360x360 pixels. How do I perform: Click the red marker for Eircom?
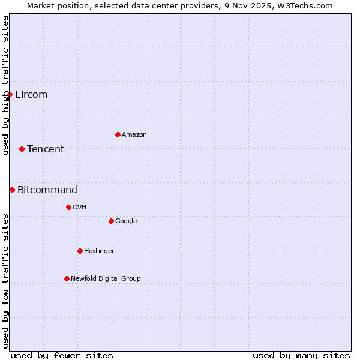click(x=10, y=94)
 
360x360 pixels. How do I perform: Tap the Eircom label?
click(x=31, y=95)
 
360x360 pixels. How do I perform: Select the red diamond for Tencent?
click(x=22, y=149)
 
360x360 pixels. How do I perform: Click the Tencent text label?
click(x=46, y=149)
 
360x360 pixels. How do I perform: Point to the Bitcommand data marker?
click(x=12, y=190)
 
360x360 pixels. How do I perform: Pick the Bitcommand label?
click(x=47, y=190)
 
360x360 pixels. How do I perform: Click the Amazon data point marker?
click(x=118, y=134)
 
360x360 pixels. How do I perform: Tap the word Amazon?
click(x=134, y=135)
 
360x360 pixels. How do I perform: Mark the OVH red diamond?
click(x=68, y=207)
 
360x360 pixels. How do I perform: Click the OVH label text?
click(x=80, y=208)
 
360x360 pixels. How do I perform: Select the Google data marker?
click(x=111, y=221)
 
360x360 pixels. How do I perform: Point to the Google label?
click(x=126, y=221)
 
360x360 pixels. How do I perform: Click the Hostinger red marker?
click(x=80, y=251)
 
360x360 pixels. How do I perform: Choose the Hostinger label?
click(x=99, y=251)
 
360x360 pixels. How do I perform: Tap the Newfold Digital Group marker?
click(x=67, y=278)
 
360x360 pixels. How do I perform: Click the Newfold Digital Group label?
click(x=106, y=279)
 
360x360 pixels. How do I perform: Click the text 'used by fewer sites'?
click(x=62, y=355)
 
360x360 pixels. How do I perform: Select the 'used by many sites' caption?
click(x=301, y=355)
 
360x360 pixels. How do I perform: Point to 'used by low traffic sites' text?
click(x=5, y=281)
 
